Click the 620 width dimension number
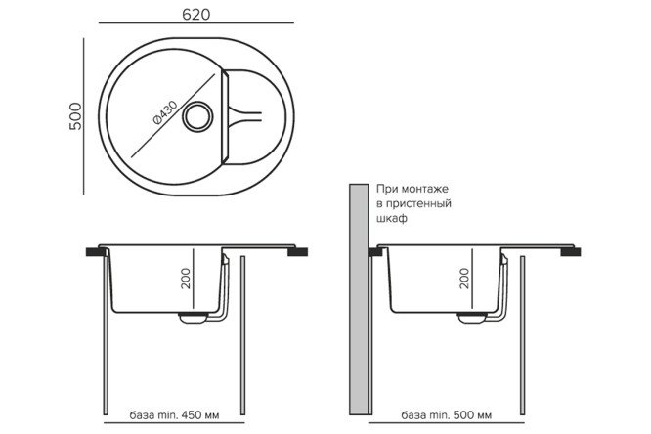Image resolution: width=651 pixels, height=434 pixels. click(x=195, y=14)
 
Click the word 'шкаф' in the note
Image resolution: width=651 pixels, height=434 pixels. click(x=391, y=220)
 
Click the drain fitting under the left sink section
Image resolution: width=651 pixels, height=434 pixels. click(x=193, y=318)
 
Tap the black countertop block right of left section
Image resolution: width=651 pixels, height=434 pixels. click(x=292, y=250)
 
